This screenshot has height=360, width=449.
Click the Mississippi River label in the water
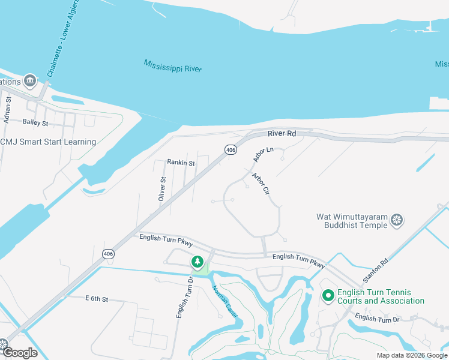pyautogui.click(x=173, y=65)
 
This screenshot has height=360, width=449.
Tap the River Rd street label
pyautogui.click(x=282, y=134)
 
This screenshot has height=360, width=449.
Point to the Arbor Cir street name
pyautogui.click(x=261, y=184)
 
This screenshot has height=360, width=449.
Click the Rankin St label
pyautogui.click(x=181, y=163)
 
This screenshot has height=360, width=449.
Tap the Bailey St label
pyautogui.click(x=35, y=122)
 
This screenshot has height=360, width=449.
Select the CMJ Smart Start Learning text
pyautogui.click(x=48, y=142)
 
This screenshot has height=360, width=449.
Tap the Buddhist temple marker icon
pyautogui.click(x=396, y=220)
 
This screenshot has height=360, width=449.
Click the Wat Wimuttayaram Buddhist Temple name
pyautogui.click(x=352, y=221)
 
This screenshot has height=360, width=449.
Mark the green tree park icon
pyautogui.click(x=197, y=262)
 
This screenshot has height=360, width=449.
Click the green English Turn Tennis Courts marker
pyautogui.click(x=328, y=296)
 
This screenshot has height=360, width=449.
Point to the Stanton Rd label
pyautogui.click(x=376, y=271)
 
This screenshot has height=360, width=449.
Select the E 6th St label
pyautogui.click(x=97, y=298)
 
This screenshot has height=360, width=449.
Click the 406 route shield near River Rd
pyautogui.click(x=231, y=149)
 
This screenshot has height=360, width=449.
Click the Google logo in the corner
pyautogui.click(x=20, y=352)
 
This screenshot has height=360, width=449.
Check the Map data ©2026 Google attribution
pyautogui.click(x=412, y=355)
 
